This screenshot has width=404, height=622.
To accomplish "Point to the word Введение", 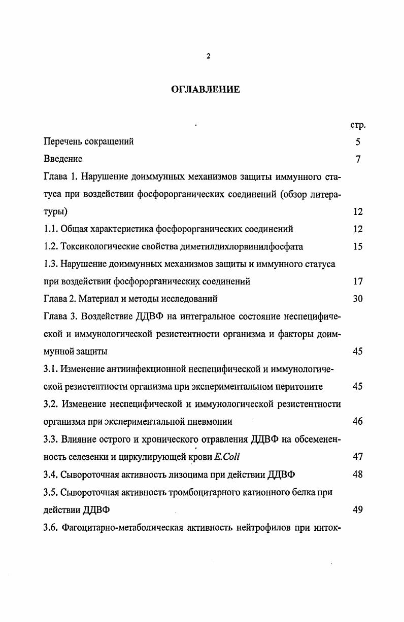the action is click(63, 159).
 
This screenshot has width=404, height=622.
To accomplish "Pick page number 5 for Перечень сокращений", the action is click(358, 142).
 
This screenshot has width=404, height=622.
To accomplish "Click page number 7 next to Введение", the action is click(358, 159).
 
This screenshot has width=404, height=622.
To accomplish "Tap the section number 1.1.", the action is click(51, 229).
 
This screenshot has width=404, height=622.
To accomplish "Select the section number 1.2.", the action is click(51, 246).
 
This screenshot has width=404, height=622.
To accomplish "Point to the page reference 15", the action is click(358, 246).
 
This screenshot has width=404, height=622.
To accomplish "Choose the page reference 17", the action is click(358, 281).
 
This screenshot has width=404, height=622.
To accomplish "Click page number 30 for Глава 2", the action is click(358, 299).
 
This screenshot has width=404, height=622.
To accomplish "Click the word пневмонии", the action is click(210, 421).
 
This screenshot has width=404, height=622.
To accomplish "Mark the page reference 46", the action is click(358, 421).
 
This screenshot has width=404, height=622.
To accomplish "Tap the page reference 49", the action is click(358, 510).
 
